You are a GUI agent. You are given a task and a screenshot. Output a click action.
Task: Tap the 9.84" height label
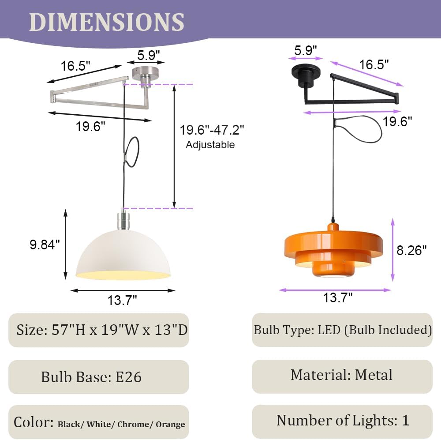45,244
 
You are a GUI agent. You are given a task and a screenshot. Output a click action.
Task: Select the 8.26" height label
412,250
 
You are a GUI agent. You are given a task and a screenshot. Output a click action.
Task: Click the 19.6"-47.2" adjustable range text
212,130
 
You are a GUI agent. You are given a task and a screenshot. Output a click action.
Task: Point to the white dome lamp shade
123,256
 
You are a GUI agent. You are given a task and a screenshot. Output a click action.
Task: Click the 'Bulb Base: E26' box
98,377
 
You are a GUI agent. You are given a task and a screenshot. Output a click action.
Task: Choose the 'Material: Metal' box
342,376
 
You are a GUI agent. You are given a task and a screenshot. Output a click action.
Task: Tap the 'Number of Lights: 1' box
342,421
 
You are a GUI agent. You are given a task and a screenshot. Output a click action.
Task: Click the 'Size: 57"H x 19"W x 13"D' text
102,330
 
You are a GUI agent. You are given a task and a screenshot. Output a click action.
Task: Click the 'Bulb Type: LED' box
342,330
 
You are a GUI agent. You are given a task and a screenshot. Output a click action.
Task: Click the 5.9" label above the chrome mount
148,55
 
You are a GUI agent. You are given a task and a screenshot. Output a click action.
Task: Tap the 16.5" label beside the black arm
374,65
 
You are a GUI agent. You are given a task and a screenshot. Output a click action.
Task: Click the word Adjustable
210,145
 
